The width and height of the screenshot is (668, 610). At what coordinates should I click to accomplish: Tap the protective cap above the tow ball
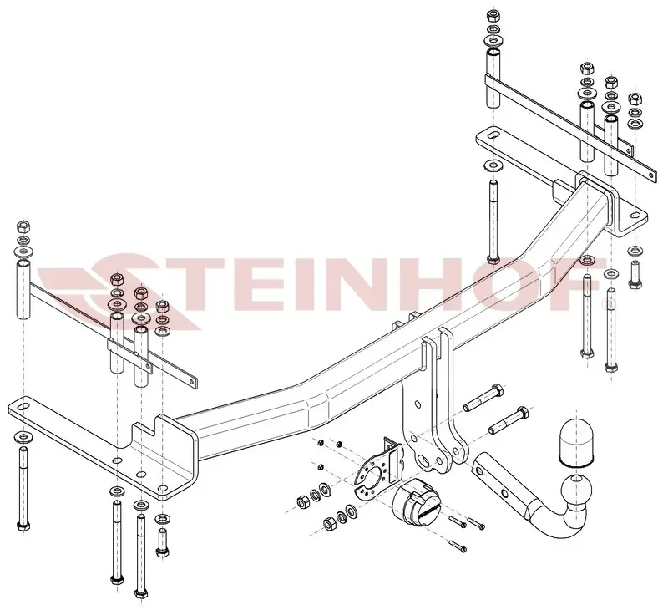click(576, 441)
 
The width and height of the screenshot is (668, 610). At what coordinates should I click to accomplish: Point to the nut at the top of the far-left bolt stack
click(23, 226)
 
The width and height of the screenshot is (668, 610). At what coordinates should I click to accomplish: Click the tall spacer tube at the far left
click(24, 290)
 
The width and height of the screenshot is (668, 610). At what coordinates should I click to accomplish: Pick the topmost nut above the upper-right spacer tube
click(493, 16)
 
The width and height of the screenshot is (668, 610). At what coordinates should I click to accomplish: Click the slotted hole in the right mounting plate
click(493, 135)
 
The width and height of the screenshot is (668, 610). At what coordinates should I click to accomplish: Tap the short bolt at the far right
click(635, 275)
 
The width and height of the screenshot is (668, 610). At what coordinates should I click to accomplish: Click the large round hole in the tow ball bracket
click(424, 460)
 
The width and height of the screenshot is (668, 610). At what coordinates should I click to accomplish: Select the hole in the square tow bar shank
click(504, 493)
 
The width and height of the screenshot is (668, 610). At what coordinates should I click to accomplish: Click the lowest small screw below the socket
click(457, 546)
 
